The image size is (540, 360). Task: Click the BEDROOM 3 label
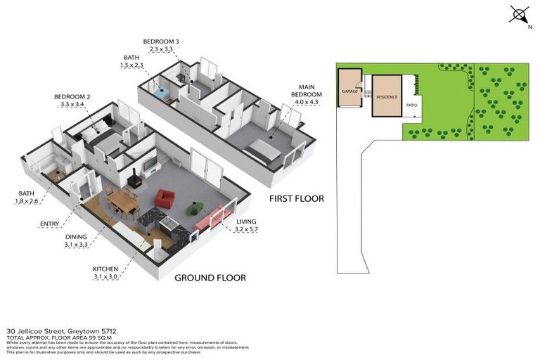click(x=161, y=42)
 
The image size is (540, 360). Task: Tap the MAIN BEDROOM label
click(x=307, y=91)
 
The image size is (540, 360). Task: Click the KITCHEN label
click(x=107, y=269)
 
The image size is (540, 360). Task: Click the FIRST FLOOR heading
click(x=297, y=199)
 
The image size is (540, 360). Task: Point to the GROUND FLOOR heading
click(x=210, y=278)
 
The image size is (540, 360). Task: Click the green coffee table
click(x=194, y=208)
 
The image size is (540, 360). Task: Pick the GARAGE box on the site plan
click(x=349, y=92)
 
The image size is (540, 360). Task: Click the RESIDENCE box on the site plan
click(x=387, y=96)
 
